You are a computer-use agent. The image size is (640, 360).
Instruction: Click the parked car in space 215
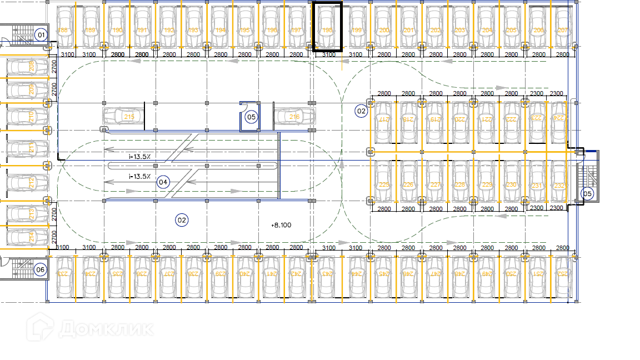(123, 116)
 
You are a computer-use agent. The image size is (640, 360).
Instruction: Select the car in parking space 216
(294, 117)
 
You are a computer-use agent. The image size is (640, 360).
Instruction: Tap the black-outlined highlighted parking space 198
(327, 27)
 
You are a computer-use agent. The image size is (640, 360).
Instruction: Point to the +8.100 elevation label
(281, 225)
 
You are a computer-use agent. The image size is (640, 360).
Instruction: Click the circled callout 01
(40, 34)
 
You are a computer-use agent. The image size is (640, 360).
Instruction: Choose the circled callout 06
(40, 270)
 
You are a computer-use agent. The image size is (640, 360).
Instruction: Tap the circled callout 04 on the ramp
(163, 182)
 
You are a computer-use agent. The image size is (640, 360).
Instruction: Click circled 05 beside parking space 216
(251, 117)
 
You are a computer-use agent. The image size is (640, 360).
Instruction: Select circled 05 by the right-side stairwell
(587, 193)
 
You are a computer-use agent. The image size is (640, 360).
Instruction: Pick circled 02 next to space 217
(362, 111)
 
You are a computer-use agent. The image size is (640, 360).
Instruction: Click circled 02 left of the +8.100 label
(181, 220)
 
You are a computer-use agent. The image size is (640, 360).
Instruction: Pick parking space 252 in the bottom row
(562, 274)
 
